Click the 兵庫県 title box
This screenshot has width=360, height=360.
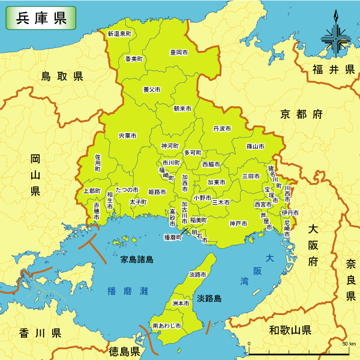point(41,18)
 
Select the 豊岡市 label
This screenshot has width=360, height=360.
point(178,53)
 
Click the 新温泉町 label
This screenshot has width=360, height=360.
point(119,34)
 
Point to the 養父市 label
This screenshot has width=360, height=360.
point(151,89)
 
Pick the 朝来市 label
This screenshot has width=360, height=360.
point(182,109)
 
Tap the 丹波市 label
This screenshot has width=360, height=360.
point(222,128)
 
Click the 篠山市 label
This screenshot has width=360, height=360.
point(255,146)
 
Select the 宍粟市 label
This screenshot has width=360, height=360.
point(128,136)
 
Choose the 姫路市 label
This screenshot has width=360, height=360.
point(157,192)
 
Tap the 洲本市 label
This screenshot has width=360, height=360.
point(181,304)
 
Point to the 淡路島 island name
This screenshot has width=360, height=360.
point(209,298)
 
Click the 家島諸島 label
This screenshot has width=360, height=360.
point(137,260)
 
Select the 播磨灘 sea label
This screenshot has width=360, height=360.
point(127,291)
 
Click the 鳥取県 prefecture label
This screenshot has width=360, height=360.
point(62,76)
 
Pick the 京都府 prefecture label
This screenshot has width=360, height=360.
point(301,113)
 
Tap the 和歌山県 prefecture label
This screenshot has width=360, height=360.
point(290,330)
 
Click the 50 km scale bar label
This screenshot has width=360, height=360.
point(349,344)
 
